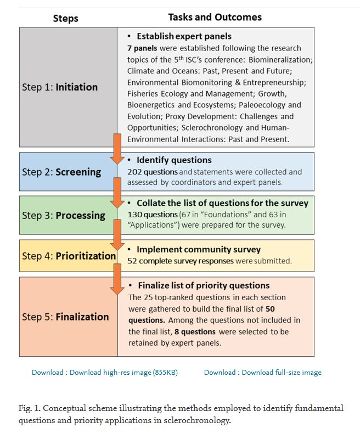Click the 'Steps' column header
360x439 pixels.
pos(66,18)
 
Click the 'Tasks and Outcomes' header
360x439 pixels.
pos(215,17)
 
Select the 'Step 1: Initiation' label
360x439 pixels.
pos(60,87)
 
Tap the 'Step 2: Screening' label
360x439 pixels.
pos(61,171)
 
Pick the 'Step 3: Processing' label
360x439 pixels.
pos(64,215)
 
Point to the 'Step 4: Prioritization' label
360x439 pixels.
pos(69,255)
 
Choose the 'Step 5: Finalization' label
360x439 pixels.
pos(65,317)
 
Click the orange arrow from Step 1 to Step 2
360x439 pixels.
pos(117,148)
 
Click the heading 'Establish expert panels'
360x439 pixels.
pos(184,37)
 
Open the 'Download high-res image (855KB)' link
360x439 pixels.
pos(105,372)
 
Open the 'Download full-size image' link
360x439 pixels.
pos(263,372)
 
